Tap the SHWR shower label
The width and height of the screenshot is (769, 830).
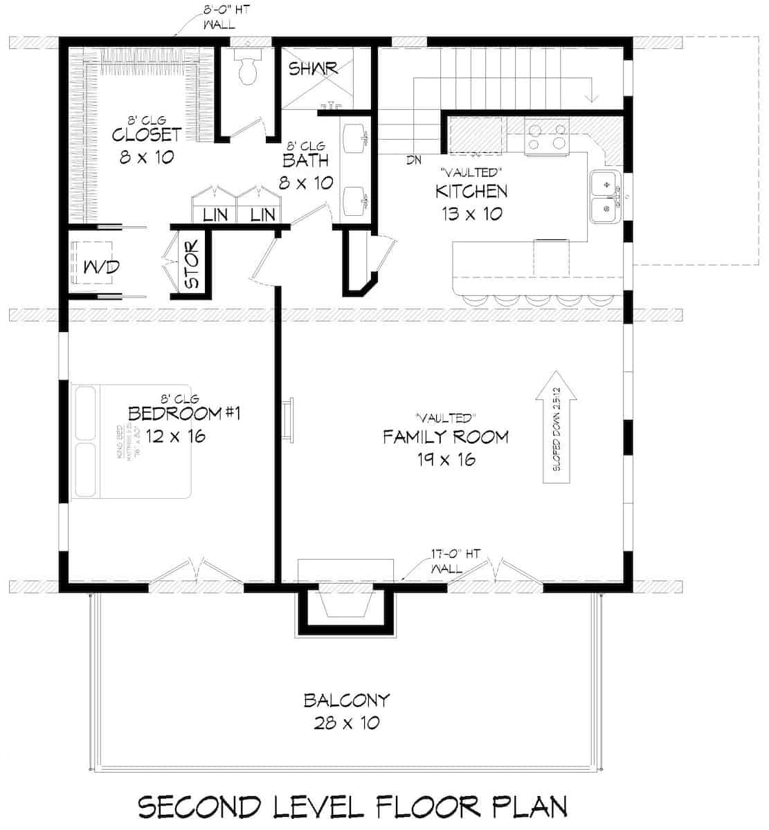pyautogui.click(x=313, y=68)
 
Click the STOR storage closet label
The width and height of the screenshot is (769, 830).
pyautogui.click(x=192, y=264)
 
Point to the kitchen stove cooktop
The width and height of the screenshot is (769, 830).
pyautogui.click(x=546, y=134)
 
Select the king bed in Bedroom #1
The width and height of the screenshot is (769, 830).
pyautogui.click(x=132, y=441)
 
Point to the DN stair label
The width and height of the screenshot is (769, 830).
pyautogui.click(x=414, y=160)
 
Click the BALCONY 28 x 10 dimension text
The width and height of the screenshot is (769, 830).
pyautogui.click(x=346, y=723)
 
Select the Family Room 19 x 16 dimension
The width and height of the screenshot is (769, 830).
pyautogui.click(x=446, y=459)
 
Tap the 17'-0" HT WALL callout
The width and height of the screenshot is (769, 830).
pyautogui.click(x=449, y=560)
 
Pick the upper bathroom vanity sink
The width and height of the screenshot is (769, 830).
pyautogui.click(x=358, y=137)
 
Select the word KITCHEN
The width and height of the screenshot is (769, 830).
pyautogui.click(x=471, y=191)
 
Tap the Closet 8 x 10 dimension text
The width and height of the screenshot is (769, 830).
pyautogui.click(x=146, y=157)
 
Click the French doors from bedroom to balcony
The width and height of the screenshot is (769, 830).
pyautogui.click(x=196, y=572)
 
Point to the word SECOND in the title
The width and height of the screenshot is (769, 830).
pyautogui.click(x=199, y=806)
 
